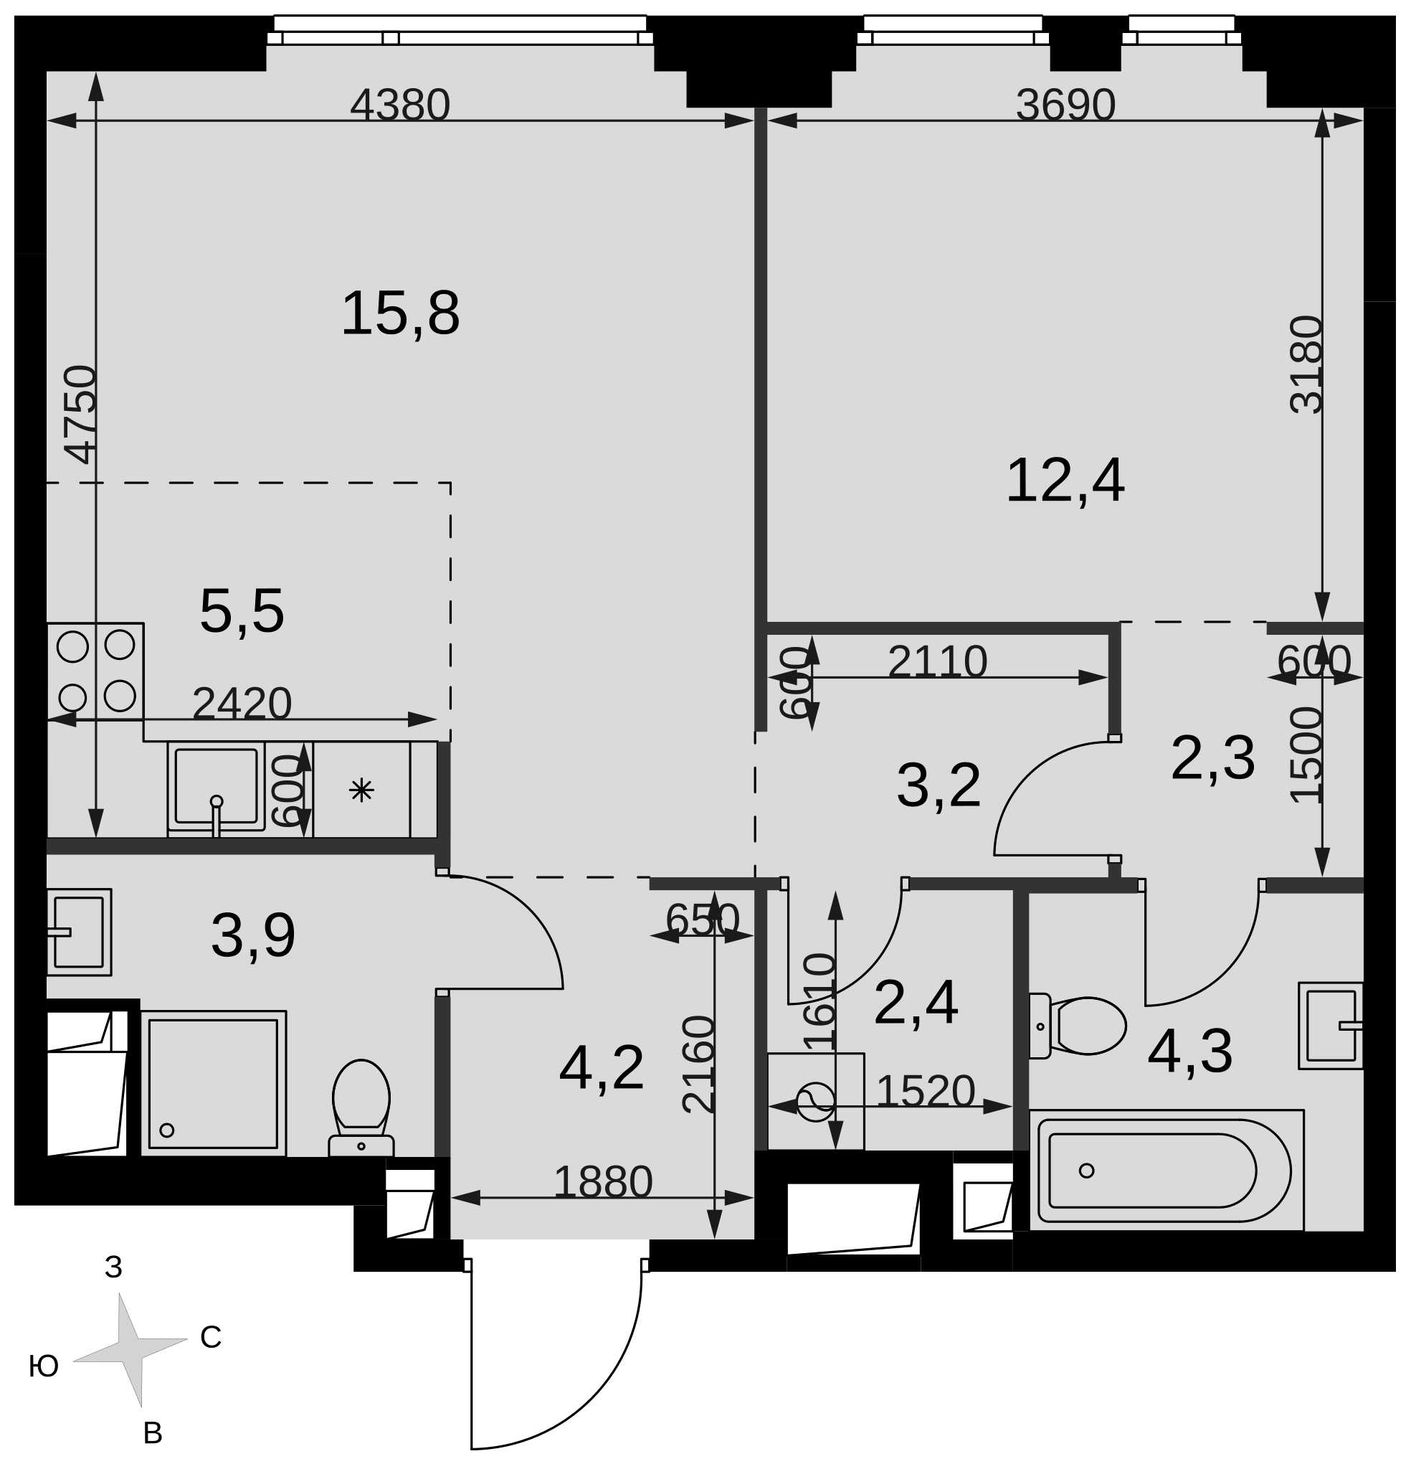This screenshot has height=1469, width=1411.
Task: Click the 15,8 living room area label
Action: click(400, 313)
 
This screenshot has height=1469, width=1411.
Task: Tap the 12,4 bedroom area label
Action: click(1065, 481)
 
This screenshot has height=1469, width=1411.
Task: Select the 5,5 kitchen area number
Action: click(242, 612)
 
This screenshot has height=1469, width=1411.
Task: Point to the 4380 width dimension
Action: click(400, 105)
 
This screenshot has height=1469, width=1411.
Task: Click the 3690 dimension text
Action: click(1065, 105)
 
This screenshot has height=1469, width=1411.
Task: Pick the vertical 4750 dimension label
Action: click(80, 415)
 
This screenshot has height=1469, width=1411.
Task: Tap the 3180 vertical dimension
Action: click(1307, 364)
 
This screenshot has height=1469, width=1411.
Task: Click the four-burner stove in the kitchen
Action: click(95, 671)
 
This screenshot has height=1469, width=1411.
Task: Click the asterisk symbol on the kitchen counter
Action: click(361, 790)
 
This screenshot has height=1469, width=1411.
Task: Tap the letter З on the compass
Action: click(113, 1267)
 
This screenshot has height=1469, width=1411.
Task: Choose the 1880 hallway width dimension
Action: click(603, 1182)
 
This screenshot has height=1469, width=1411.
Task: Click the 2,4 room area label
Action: click(916, 1003)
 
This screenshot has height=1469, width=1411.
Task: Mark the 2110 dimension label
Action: click(937, 663)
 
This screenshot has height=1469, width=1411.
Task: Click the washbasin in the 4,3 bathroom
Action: click(1331, 1025)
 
